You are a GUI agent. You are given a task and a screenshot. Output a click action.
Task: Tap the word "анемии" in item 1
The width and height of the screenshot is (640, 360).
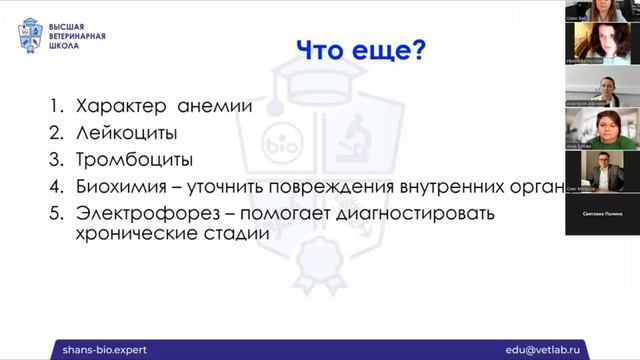point(216,105)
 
